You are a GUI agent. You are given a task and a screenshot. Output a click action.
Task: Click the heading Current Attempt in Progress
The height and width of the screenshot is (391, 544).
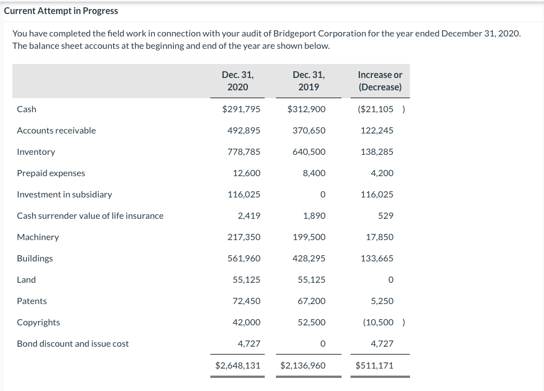coord(61,11)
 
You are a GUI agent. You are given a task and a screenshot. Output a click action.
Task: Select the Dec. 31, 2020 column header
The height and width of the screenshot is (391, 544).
coord(238,81)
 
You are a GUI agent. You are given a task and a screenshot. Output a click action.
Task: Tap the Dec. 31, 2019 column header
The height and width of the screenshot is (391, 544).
coord(308,81)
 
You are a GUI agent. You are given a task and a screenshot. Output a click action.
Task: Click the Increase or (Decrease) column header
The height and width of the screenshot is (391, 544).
coord(380,81)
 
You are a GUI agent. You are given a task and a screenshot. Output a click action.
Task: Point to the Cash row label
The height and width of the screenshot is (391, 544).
coord(26,109)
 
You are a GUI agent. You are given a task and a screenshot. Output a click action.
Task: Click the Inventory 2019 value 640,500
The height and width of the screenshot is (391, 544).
coord(308,151)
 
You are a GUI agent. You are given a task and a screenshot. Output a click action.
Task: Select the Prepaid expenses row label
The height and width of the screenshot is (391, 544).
coord(51,173)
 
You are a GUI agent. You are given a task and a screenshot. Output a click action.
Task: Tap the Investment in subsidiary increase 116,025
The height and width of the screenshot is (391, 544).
coord(377,194)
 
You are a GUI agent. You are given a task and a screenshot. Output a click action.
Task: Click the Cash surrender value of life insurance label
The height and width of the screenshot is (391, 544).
coord(90,215)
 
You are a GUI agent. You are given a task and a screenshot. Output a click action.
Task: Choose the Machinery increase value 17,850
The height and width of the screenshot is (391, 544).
coord(380,237)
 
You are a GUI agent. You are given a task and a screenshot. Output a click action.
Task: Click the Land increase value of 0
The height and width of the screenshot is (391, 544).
coord(390,279)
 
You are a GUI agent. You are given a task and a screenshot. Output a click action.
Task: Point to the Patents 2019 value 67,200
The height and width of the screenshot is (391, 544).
coord(311,301)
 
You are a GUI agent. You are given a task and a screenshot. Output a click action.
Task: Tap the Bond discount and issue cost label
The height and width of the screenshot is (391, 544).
coord(73,343)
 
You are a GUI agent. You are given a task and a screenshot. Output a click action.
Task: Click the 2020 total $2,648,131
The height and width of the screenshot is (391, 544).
coord(238,365)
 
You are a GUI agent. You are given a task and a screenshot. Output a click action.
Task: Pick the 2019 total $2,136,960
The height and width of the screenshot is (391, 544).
coord(303,365)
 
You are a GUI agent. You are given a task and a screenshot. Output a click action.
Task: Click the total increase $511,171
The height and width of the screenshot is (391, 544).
coord(375,365)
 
